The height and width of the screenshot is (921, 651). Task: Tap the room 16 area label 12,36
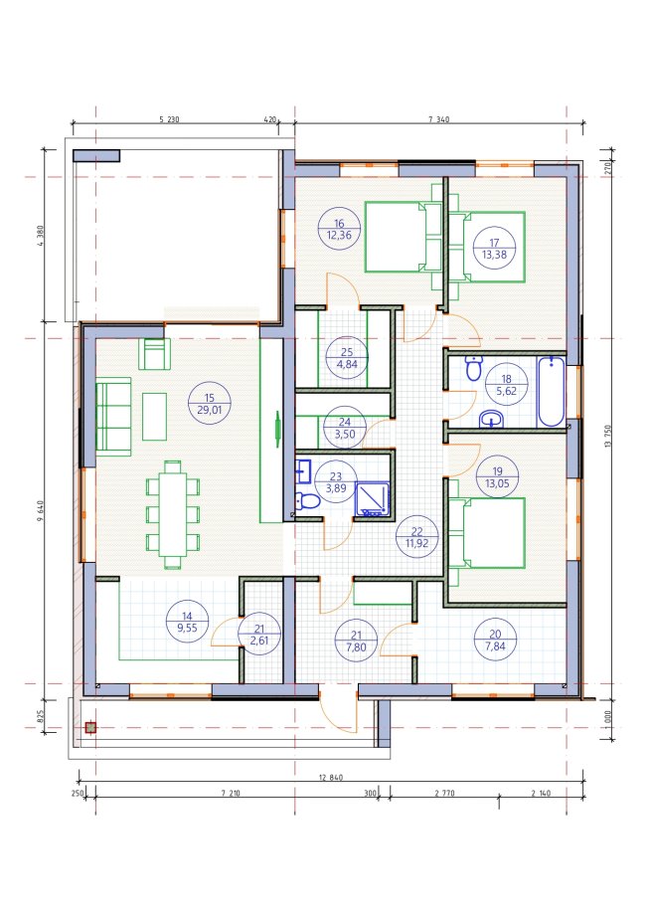tap(339, 235)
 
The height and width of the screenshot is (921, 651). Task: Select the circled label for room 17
tap(494, 248)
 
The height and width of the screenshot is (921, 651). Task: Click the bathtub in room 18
tap(552, 391)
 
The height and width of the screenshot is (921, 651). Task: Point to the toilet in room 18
tap(473, 368)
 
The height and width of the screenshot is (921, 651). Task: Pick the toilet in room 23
tap(307, 501)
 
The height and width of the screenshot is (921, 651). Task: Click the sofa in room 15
tap(113, 417)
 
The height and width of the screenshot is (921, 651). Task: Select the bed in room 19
tap(487, 533)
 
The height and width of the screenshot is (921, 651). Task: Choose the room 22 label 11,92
tap(416, 543)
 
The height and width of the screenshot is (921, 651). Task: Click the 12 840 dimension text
tap(331, 777)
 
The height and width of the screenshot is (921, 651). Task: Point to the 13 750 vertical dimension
tap(607, 436)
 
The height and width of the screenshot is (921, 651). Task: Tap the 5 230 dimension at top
tap(169, 119)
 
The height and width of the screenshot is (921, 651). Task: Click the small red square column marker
tap(89, 728)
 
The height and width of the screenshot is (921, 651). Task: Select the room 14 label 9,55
tap(187, 628)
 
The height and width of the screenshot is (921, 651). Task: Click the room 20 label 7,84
tap(495, 646)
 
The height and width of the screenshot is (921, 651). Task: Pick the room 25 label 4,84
tap(347, 364)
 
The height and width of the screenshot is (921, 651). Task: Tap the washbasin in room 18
tap(491, 420)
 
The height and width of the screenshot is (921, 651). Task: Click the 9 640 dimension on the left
tap(40, 510)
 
